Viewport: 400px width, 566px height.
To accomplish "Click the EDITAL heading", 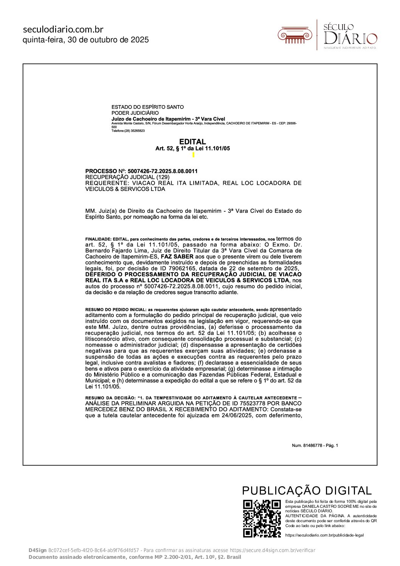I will pos(192,142).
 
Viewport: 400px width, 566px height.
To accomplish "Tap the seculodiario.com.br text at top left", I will pos(63,29).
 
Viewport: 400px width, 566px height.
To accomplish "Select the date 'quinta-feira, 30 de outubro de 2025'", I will pos(85,40).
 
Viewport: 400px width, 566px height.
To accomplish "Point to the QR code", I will pos(262,518).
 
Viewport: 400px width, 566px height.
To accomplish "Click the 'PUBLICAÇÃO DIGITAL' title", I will pos(307,491).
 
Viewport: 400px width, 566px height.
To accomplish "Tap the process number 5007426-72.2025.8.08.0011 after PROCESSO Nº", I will pos(163,171).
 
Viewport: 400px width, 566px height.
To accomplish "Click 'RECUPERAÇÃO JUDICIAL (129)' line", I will pos(127,177).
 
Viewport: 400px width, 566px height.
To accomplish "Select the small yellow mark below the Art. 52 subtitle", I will pos(194,155).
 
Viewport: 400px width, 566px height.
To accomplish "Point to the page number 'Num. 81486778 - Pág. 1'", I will pos(315,445).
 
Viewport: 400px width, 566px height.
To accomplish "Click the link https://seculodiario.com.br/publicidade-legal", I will pos(324,535).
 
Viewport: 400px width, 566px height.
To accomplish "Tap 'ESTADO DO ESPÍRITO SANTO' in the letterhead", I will pos(147,107).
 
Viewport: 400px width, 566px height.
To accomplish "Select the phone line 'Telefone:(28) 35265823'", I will pos(128,131).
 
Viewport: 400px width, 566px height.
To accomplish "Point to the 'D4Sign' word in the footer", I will pos(37,550).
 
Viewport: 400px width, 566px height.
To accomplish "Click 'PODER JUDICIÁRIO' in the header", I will pos(135,113).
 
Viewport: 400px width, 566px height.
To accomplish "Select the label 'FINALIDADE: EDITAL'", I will pos(107,240).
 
